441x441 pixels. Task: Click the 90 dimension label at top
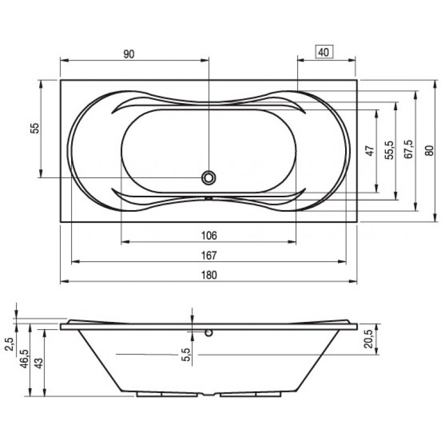click(x=128, y=53)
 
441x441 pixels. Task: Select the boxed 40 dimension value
click(x=324, y=52)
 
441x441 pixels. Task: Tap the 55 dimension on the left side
click(x=35, y=128)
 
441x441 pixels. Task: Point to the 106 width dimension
click(x=208, y=235)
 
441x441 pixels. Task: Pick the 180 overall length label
click(x=208, y=275)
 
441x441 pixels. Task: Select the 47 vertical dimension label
click(x=370, y=150)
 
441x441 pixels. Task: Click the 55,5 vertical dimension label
click(x=389, y=150)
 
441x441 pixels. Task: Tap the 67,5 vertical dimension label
click(x=408, y=150)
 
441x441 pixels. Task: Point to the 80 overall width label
click(x=428, y=150)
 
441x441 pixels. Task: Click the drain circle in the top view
click(x=209, y=178)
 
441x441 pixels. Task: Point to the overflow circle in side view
click(x=209, y=333)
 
